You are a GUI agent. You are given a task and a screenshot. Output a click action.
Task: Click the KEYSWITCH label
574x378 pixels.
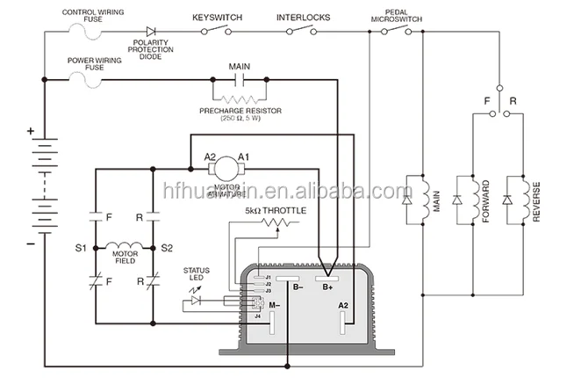(217, 17)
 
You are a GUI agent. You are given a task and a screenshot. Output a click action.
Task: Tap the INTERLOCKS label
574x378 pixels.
(304, 17)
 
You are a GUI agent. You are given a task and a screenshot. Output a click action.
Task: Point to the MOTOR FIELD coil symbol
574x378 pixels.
(123, 245)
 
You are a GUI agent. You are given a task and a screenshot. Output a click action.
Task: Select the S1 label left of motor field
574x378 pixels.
(81, 249)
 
